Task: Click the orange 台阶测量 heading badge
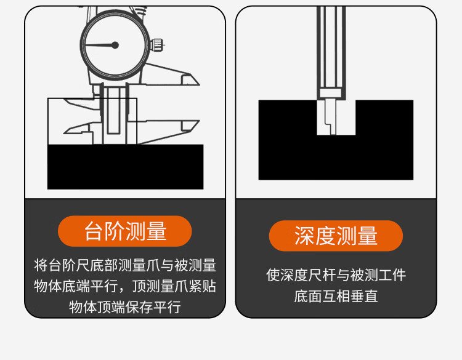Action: [125, 231]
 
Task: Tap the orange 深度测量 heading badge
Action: [336, 236]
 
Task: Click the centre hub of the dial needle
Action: [115, 45]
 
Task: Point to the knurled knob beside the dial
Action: [156, 45]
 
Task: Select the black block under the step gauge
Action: [126, 167]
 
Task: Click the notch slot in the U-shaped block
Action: [336, 118]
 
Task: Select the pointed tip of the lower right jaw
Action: [199, 121]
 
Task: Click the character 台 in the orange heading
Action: [93, 231]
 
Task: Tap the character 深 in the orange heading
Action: [304, 236]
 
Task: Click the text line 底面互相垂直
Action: [336, 296]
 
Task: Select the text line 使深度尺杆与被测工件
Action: [336, 275]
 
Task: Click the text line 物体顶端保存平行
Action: [125, 307]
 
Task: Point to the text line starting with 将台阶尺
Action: [125, 265]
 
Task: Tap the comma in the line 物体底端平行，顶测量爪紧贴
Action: [123, 290]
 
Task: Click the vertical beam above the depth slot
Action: [331, 53]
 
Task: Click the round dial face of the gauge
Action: [115, 45]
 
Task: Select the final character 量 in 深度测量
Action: [368, 236]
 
